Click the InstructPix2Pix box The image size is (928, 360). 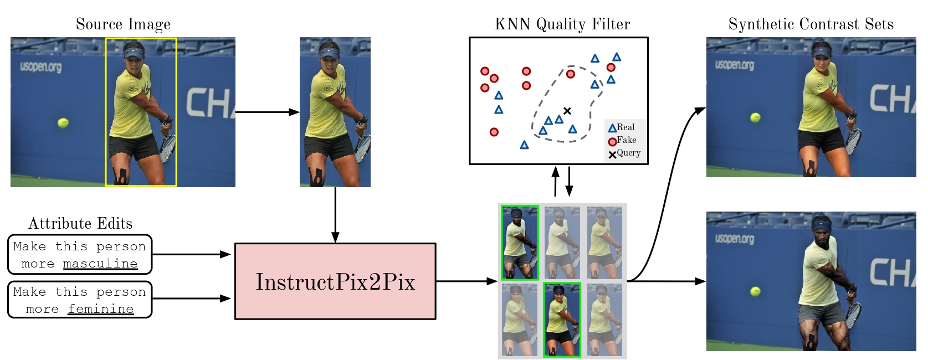[x=335, y=281]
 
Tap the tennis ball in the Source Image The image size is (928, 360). [x=63, y=122]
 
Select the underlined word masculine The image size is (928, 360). [x=100, y=264]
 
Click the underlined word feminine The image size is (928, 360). [x=100, y=309]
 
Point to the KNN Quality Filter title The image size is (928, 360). [x=562, y=24]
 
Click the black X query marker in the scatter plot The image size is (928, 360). [x=567, y=111]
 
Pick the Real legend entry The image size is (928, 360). [x=621, y=128]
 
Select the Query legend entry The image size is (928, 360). [x=624, y=153]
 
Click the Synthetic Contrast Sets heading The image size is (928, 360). [x=811, y=24]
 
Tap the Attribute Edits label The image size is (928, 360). [x=80, y=223]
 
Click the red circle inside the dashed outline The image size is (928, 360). [x=570, y=74]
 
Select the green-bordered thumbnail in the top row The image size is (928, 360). [x=520, y=243]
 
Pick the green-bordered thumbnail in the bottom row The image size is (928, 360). [x=562, y=320]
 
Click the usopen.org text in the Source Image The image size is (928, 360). [x=41, y=67]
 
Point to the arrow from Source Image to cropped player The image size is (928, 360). [x=267, y=112]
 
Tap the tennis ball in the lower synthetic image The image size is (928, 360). [x=755, y=291]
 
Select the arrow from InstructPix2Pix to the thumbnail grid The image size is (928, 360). [x=466, y=281]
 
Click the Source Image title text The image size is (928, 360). [x=123, y=24]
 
